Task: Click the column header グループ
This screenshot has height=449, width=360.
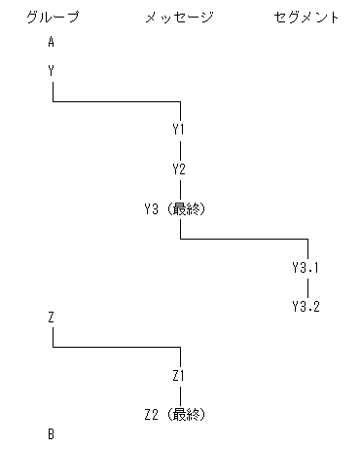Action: click(53, 18)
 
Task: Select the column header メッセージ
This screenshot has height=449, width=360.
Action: click(179, 18)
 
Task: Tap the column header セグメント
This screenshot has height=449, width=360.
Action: click(307, 18)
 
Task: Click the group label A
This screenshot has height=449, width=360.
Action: click(52, 42)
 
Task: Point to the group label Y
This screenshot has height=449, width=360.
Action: click(52, 71)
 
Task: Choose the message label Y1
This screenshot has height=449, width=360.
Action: click(179, 129)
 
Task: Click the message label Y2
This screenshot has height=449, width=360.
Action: click(179, 169)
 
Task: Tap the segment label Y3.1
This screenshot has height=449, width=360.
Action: click(306, 267)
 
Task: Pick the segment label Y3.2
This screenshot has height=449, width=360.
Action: click(306, 307)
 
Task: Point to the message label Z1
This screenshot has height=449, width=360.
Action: click(179, 375)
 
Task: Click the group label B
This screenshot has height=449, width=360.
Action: click(52, 433)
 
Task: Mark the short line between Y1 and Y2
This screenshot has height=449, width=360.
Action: click(180, 149)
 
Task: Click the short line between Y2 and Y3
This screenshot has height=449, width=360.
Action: click(180, 189)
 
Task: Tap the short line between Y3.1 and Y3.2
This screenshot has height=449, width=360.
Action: click(307, 287)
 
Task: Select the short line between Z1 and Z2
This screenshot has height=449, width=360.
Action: click(180, 394)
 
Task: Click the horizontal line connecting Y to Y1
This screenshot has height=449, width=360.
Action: click(117, 100)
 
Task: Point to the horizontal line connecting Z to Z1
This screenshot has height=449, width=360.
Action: click(117, 347)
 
